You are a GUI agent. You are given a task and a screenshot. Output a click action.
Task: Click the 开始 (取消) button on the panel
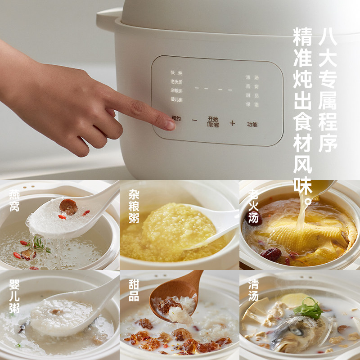pyautogui.click(x=213, y=121)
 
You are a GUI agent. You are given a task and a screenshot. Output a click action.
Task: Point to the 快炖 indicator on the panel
pyautogui.click(x=176, y=73)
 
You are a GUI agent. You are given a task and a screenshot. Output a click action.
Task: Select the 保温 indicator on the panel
pyautogui.click(x=252, y=104)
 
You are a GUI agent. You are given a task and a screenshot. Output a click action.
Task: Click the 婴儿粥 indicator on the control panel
pyautogui.click(x=176, y=99)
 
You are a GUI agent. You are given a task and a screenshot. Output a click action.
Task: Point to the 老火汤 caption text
pyautogui.click(x=253, y=206)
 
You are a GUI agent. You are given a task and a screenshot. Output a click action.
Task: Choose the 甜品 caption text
pyautogui.click(x=134, y=290)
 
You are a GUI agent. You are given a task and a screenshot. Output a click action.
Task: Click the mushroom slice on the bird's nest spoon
pyautogui.click(x=68, y=207)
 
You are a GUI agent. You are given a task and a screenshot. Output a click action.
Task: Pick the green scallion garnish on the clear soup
pyautogui.click(x=309, y=310)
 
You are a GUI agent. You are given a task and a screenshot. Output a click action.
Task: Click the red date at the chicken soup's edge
pyautogui.click(x=270, y=254)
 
